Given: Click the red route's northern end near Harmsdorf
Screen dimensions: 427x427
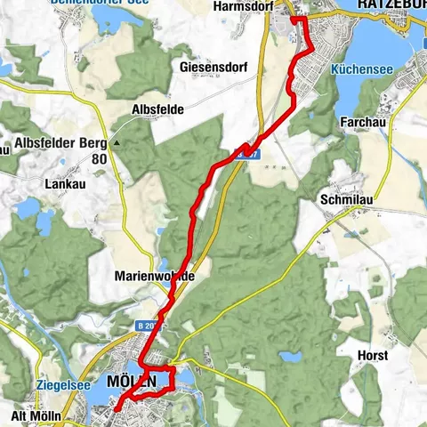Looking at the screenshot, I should click(294, 18).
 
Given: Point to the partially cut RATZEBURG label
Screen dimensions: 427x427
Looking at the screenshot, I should click(391, 5).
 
